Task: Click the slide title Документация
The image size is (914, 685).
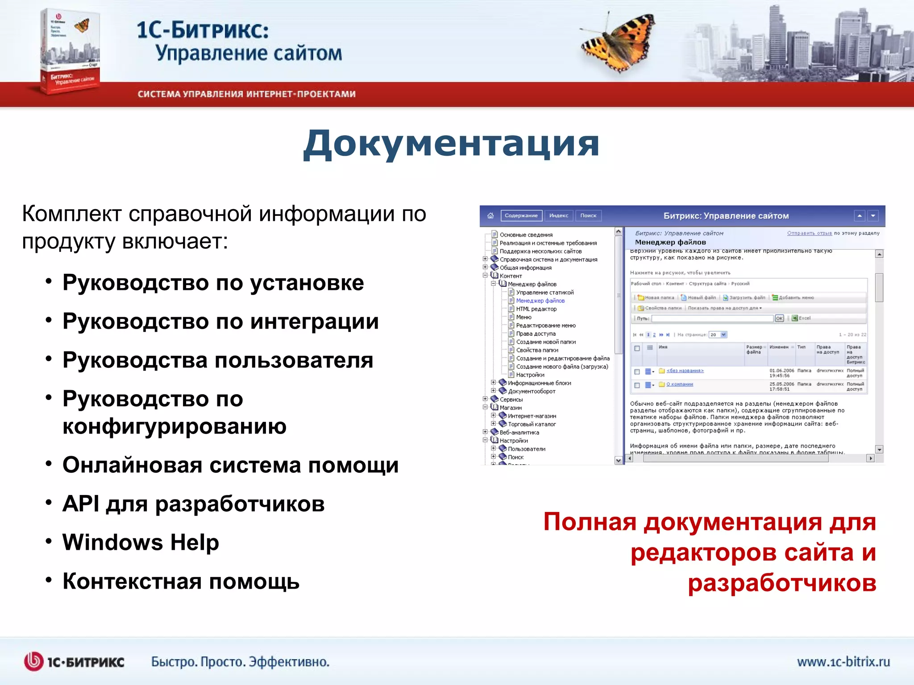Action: click(451, 144)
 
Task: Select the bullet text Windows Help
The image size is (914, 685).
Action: click(141, 542)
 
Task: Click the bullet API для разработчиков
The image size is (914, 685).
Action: click(193, 504)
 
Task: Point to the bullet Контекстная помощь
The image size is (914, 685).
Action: click(181, 581)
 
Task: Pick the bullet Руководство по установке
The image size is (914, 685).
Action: click(213, 283)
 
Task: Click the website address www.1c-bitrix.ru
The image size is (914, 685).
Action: click(843, 661)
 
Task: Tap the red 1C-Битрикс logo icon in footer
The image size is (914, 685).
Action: click(33, 661)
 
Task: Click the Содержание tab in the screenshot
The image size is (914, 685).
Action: click(521, 216)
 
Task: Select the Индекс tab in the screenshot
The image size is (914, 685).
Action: click(558, 216)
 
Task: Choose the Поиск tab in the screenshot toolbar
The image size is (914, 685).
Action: click(588, 216)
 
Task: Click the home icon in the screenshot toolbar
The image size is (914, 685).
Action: click(490, 216)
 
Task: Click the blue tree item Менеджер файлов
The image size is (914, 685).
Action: click(540, 301)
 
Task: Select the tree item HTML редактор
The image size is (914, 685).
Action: click(536, 309)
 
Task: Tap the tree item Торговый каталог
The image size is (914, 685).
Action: click(532, 424)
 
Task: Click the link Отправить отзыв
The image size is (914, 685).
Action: click(809, 233)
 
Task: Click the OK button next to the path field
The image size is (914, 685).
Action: click(779, 318)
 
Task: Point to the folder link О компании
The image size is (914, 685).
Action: click(680, 384)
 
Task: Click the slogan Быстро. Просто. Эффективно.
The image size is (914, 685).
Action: click(240, 662)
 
